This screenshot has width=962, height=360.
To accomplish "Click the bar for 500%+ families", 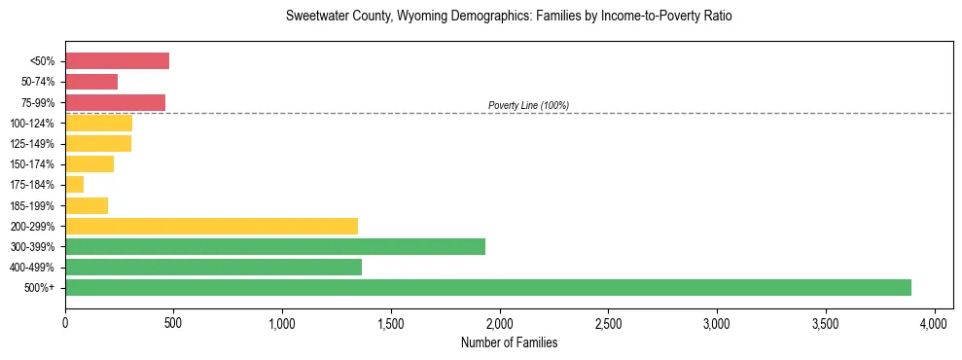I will [486, 287].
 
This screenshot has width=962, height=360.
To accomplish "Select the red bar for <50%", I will [117, 60].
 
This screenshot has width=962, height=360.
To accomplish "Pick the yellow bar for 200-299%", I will [211, 226].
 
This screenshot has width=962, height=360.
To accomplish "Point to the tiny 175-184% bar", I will [75, 184].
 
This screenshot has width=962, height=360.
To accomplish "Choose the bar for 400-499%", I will [213, 267].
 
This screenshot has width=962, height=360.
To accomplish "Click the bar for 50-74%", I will [91, 82].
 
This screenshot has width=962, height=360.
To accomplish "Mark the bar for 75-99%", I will [115, 102].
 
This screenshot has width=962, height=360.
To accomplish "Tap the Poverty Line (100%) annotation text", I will [528, 105].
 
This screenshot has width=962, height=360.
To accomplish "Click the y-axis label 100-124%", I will [32, 124].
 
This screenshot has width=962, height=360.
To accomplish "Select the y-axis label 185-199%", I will [32, 205].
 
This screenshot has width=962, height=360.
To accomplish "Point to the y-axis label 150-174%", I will [32, 164].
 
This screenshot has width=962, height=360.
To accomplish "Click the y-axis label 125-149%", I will [32, 144].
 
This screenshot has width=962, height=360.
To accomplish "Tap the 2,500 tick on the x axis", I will [608, 322].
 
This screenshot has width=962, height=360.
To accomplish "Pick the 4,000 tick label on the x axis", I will [934, 322].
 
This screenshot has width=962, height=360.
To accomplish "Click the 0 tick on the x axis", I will [65, 322].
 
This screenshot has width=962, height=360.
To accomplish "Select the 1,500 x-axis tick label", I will [391, 322].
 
